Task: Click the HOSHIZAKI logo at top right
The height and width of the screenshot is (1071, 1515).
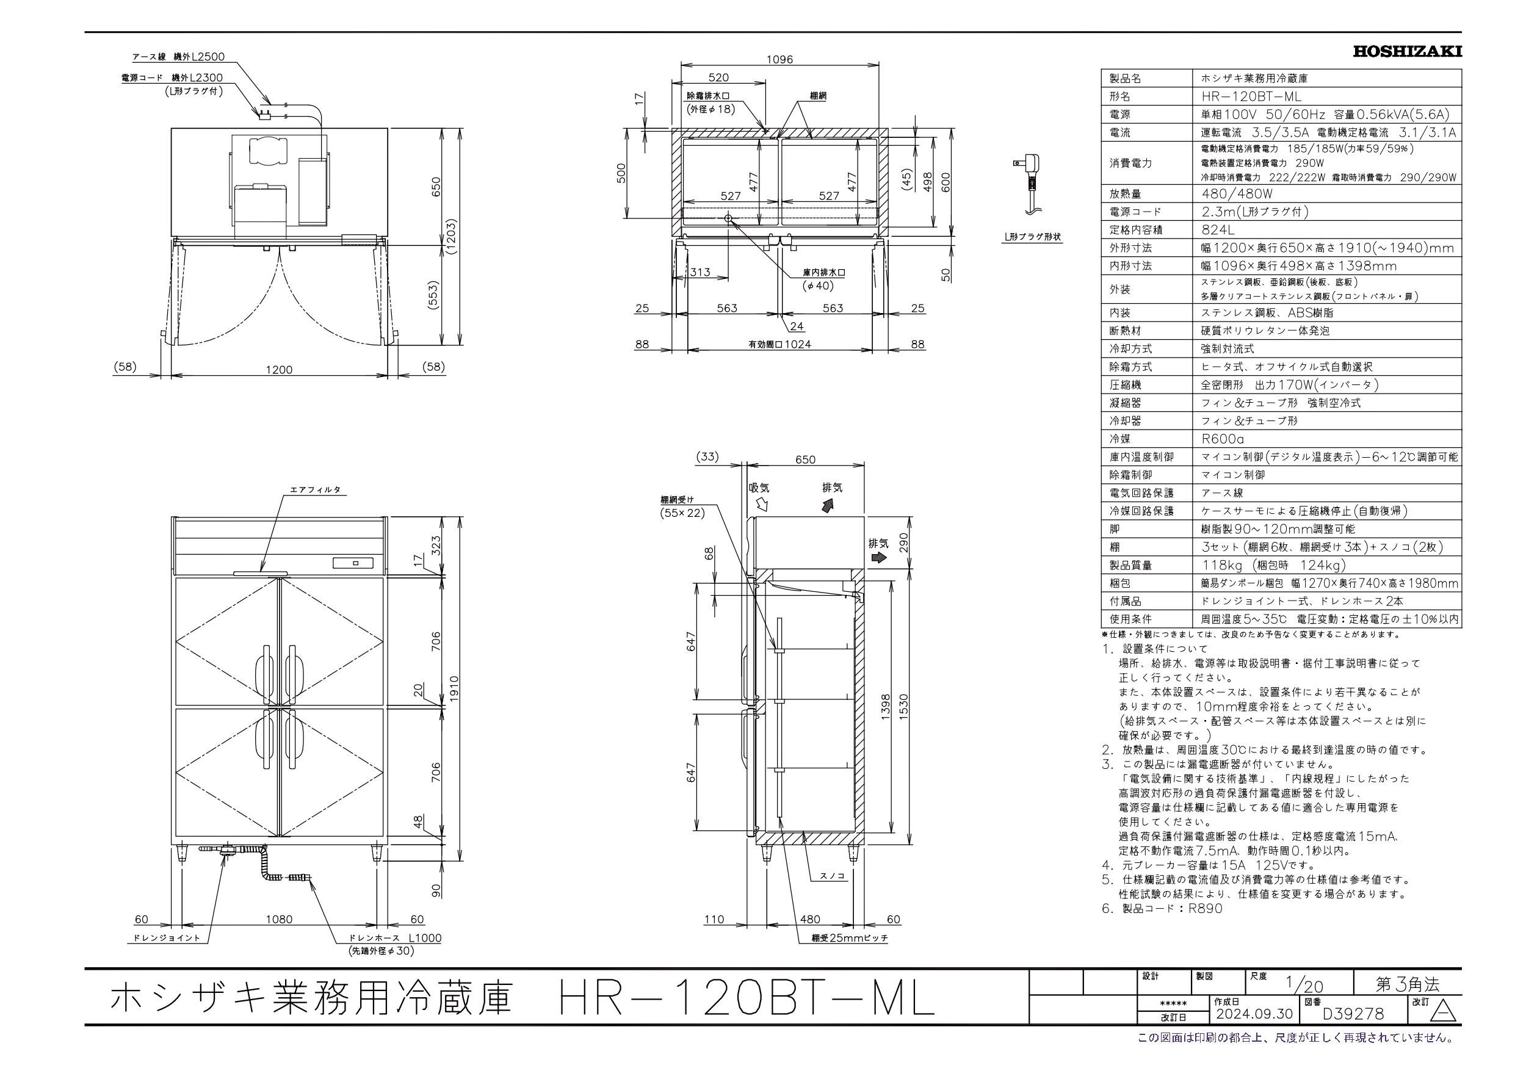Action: [x=1408, y=51]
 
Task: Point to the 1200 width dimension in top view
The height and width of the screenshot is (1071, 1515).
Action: [x=278, y=370]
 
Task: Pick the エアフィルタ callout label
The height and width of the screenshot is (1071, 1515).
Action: [x=316, y=489]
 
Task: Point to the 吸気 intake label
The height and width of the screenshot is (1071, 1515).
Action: [x=759, y=488]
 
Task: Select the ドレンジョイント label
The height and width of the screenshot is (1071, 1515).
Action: [x=166, y=938]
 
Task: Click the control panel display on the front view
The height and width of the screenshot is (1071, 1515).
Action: [x=355, y=563]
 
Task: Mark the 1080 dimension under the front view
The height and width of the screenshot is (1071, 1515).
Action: [x=278, y=919]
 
